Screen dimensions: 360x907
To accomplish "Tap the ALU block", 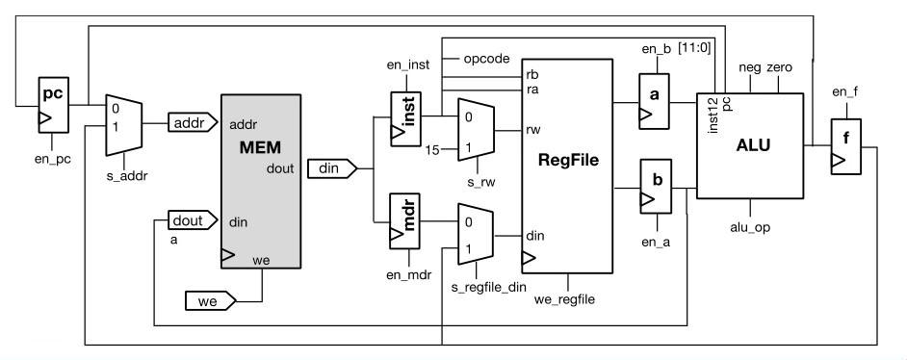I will [749, 145].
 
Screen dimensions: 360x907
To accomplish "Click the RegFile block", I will [568, 166].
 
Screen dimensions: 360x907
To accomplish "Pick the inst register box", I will [405, 118].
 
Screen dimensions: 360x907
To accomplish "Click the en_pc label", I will [53, 157].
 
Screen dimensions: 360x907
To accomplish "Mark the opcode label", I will [485, 58].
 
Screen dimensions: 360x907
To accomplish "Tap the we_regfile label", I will [564, 299].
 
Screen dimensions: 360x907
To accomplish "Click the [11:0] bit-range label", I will [694, 47].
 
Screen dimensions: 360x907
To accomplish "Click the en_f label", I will [844, 93].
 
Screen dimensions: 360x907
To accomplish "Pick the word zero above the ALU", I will [779, 68].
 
